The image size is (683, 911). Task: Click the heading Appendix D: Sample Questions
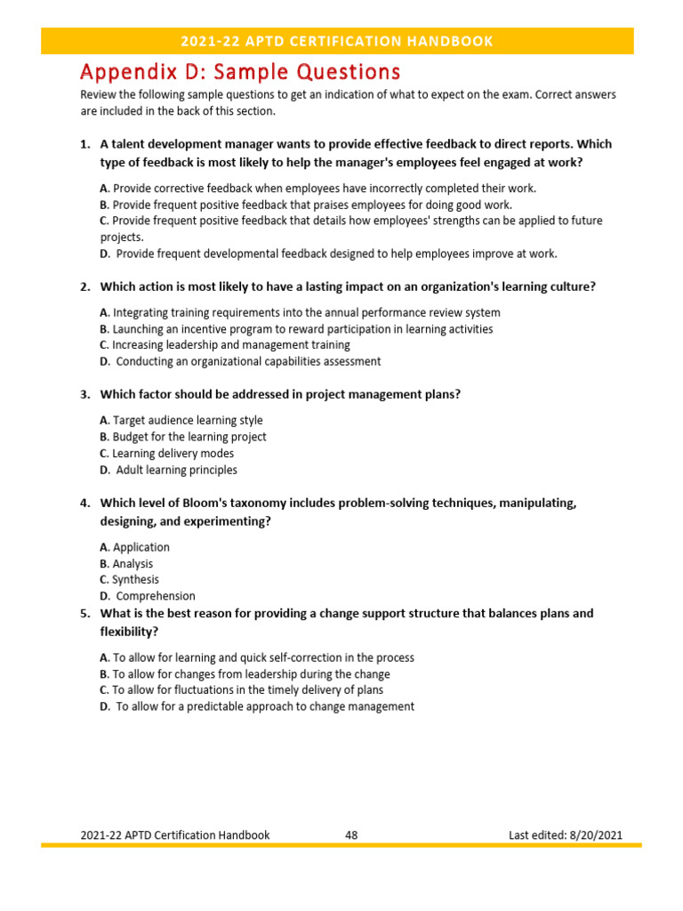tap(240, 71)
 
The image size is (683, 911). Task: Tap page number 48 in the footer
tap(350, 834)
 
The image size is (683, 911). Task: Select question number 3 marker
tap(85, 394)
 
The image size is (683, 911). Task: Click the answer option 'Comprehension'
tap(155, 596)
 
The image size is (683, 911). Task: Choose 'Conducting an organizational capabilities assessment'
tap(247, 361)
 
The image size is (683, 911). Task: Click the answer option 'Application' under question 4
tap(141, 547)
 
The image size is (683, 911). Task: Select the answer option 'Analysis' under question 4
tap(133, 563)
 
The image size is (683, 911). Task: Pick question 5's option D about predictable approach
tap(264, 706)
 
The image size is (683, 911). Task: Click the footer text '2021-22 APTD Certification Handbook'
tap(175, 834)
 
